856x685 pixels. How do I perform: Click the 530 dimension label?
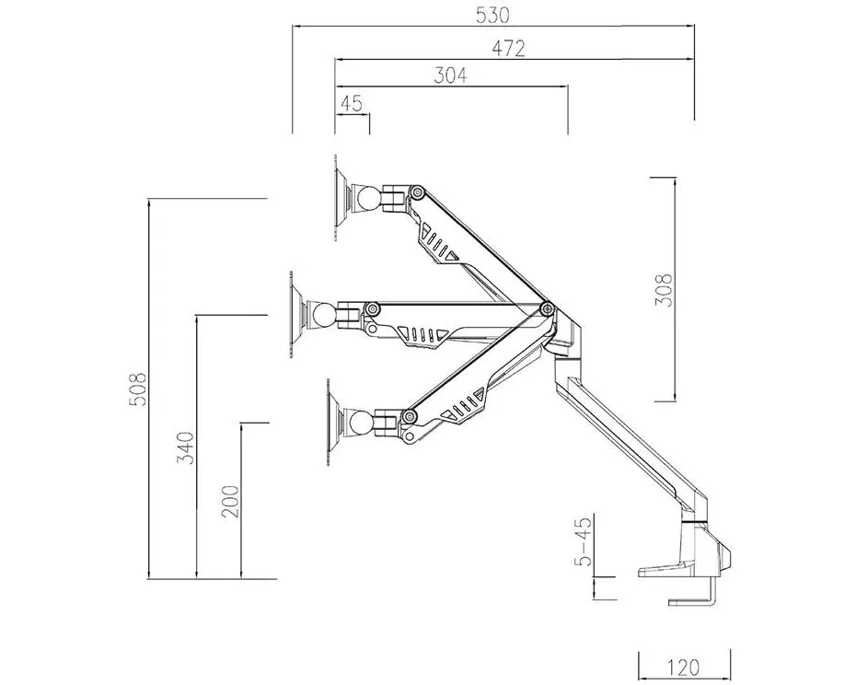[492, 15]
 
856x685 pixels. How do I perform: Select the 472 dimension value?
[508, 48]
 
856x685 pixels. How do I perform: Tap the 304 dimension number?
[450, 75]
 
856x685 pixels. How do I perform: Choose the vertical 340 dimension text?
[185, 447]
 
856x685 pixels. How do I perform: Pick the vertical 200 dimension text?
[230, 502]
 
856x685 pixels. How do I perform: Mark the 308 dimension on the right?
[664, 289]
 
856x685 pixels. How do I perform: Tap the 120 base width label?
[683, 667]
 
